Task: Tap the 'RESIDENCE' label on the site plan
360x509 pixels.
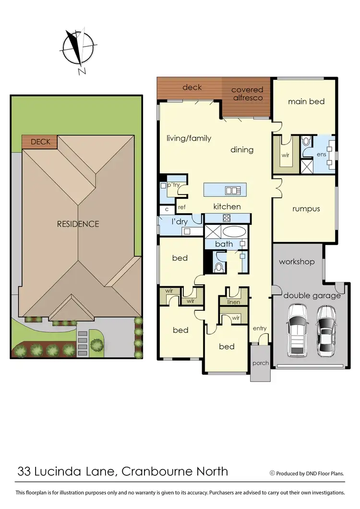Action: [78, 224]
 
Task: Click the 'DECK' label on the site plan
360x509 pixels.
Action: [40, 142]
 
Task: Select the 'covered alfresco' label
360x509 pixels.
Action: [247, 94]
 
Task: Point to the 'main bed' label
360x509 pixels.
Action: [306, 101]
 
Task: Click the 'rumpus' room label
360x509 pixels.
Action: [306, 209]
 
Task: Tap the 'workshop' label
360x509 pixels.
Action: [297, 262]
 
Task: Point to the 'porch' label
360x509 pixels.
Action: [261, 363]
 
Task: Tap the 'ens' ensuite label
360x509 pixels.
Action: [321, 155]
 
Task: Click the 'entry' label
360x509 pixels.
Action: [260, 328]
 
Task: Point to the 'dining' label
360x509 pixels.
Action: [242, 150]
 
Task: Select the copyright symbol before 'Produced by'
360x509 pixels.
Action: [273, 473]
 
